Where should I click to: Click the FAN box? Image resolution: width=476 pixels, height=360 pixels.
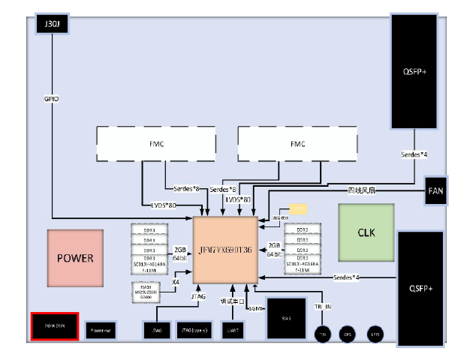pos(435,190)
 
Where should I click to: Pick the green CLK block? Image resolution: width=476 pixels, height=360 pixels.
pos(366,232)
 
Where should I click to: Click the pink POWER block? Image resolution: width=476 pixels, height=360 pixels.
pos(75,258)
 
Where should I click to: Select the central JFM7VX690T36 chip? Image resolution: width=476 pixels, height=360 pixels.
pos(225,250)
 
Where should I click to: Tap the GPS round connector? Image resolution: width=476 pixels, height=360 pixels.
pos(347,334)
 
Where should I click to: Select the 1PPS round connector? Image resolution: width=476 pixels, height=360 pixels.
pos(373,334)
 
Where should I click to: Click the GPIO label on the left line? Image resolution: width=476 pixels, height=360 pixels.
pos(51,99)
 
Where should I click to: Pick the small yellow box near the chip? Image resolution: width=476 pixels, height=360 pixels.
pos(298,208)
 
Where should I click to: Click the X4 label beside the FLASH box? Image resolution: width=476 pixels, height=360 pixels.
pos(175,283)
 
